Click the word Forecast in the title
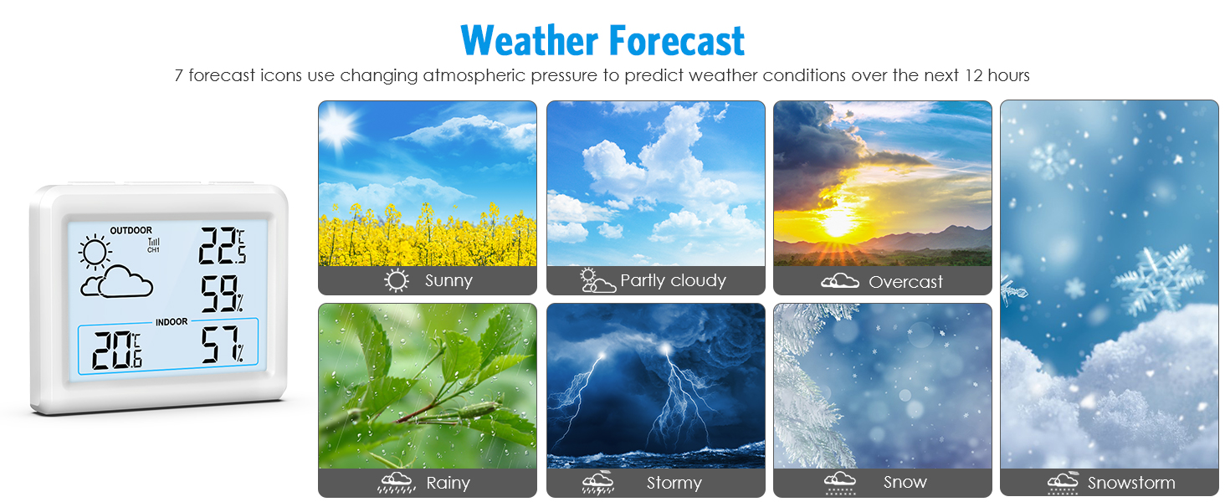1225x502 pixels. [x=676, y=40]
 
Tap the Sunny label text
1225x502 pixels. [x=448, y=281]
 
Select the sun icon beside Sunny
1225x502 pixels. [x=397, y=281]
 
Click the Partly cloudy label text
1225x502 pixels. [x=673, y=281]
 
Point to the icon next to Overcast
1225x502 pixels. [x=839, y=282]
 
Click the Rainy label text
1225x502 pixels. [x=448, y=484]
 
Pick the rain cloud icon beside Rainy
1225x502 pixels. [x=397, y=483]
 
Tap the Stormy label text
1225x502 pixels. [x=674, y=484]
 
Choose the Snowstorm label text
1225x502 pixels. [x=1130, y=484]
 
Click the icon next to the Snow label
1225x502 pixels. [x=839, y=482]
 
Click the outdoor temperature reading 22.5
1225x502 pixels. [x=222, y=246]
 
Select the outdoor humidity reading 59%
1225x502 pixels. [x=222, y=295]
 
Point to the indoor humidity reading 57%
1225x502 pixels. [x=222, y=346]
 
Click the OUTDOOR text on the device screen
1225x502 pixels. [x=131, y=230]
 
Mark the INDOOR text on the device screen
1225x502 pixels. [x=172, y=321]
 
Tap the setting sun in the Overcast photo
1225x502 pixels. [x=838, y=222]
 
